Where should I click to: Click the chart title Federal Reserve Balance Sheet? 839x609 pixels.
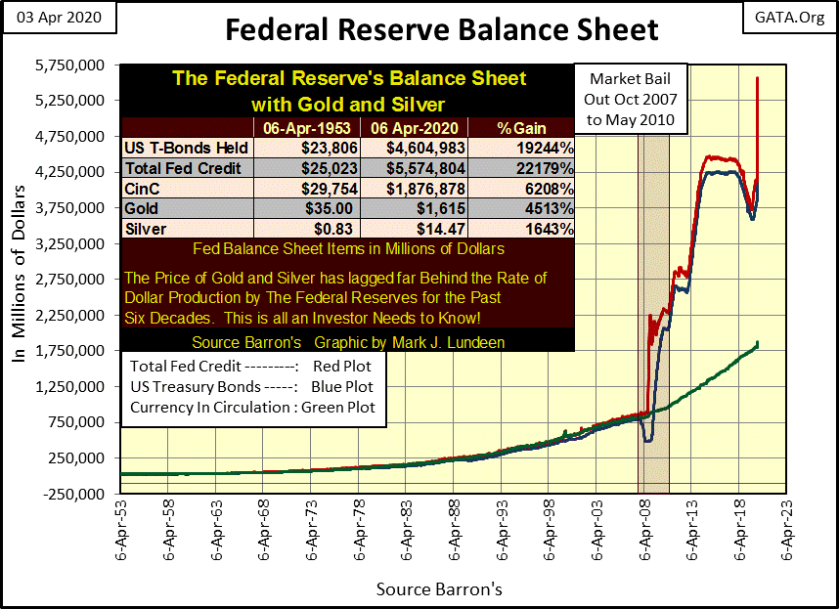[x=441, y=29]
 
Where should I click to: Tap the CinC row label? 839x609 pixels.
[x=142, y=188]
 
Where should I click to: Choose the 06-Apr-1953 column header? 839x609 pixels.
[x=305, y=127]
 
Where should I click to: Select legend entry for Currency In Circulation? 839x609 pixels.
[x=252, y=408]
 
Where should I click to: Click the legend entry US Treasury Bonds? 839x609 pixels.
[x=252, y=386]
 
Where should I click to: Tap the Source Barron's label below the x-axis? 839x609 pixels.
[x=439, y=590]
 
